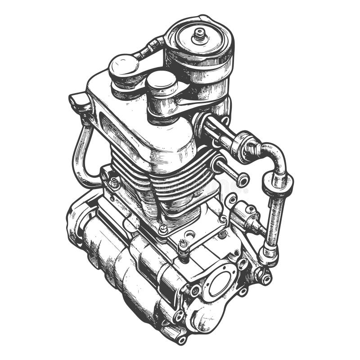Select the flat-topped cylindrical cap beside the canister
click(161, 81)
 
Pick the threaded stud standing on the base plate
click(183, 245)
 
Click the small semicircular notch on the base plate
click(190, 234)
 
